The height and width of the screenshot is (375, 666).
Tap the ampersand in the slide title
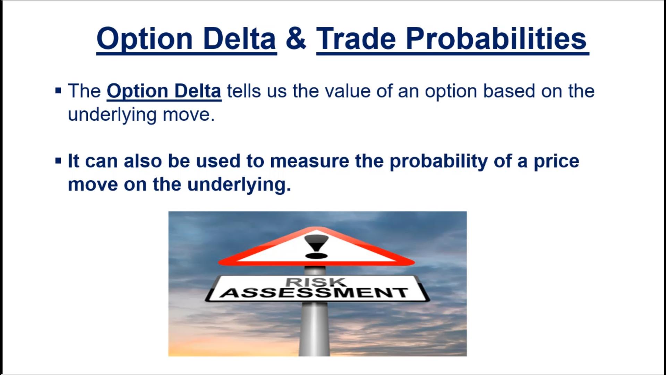296,38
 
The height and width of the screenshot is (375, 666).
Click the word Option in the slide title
145,39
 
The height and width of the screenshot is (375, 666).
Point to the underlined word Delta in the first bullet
198,91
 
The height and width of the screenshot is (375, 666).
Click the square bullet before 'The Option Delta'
58,91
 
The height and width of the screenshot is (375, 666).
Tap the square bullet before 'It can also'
58,161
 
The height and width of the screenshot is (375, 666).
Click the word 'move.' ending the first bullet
189,115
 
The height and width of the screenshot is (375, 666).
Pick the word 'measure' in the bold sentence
309,161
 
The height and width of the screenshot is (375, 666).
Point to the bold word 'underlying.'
239,185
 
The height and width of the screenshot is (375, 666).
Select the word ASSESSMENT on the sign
314,293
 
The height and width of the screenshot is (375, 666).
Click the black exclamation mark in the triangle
316,247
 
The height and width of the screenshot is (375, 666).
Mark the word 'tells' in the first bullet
244,91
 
